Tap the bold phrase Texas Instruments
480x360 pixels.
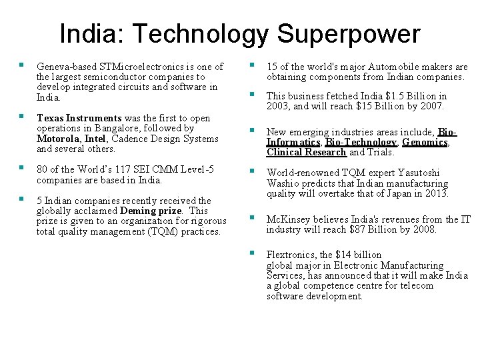pos(79,118)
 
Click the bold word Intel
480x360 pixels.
pos(95,139)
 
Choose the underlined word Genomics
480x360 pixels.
pos(424,142)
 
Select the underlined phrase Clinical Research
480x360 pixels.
pos(306,152)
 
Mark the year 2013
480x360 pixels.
pos(437,193)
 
